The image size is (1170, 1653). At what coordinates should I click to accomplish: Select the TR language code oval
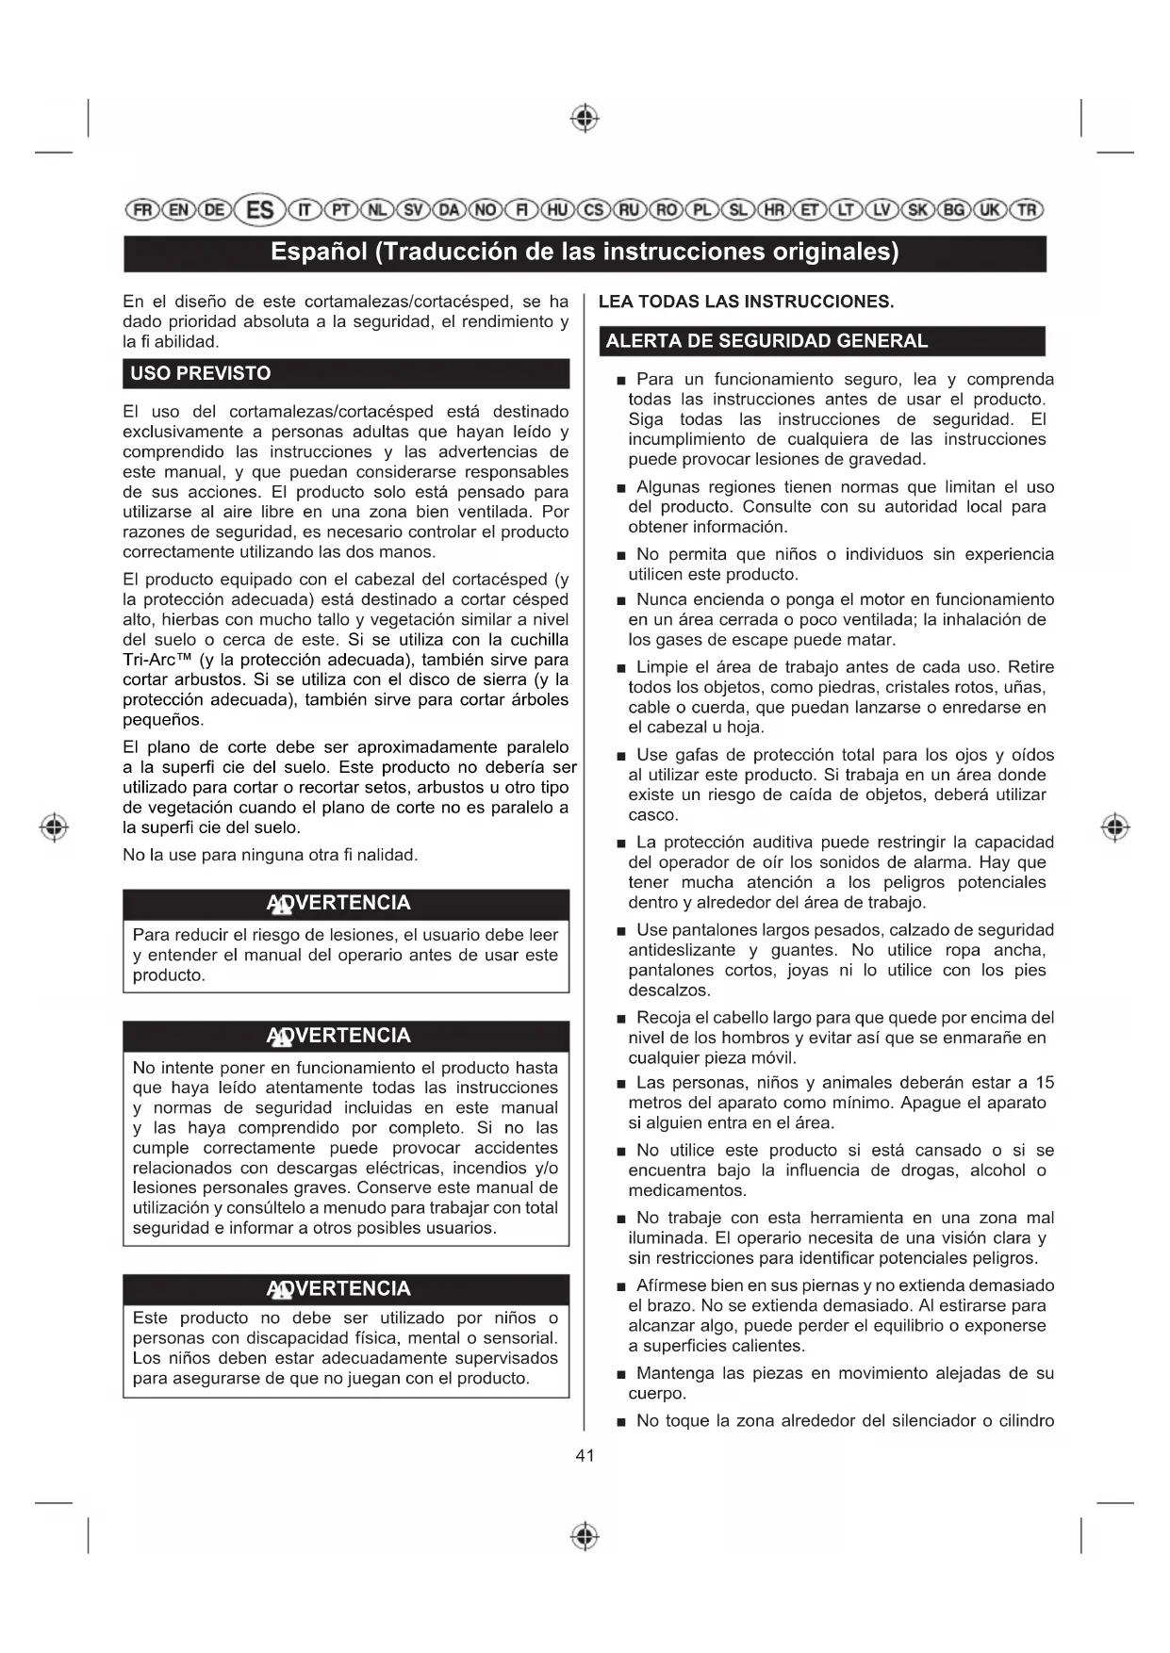(x=1027, y=210)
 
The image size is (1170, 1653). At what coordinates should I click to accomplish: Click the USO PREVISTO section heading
(x=201, y=373)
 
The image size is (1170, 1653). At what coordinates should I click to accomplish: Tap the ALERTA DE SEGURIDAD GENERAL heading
(x=766, y=341)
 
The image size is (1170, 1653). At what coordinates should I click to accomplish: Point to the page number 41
(x=585, y=1455)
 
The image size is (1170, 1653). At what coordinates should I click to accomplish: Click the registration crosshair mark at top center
(x=585, y=119)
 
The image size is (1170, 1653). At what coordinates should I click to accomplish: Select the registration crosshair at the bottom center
(x=585, y=1535)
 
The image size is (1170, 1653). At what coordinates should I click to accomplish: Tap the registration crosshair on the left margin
(x=54, y=826)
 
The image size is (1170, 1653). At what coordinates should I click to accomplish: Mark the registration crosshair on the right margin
(x=1114, y=826)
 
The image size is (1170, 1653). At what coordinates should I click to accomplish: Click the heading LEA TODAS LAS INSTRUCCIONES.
(x=746, y=302)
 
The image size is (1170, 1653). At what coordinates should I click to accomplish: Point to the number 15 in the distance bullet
(x=1045, y=1083)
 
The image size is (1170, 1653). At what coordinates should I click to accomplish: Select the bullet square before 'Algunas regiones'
(x=620, y=488)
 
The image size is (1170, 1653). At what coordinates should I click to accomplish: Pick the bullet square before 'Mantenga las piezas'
(x=620, y=1375)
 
